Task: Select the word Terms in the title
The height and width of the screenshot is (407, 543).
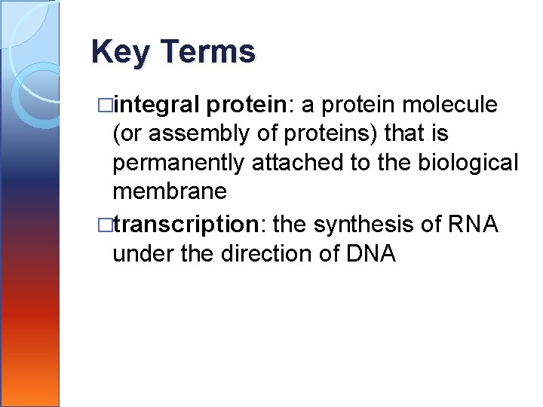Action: (x=208, y=52)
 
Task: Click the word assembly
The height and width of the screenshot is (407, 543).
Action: (x=186, y=134)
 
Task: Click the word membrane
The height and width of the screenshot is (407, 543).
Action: (x=169, y=191)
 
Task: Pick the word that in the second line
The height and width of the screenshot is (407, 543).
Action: (x=403, y=134)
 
